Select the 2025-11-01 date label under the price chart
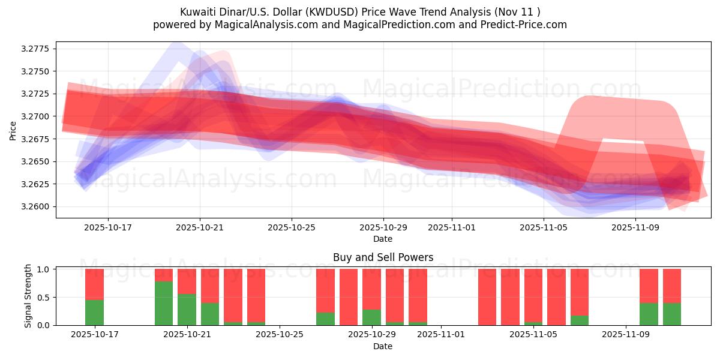coord(451,228)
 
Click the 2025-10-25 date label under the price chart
coord(292,228)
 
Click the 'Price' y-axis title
coord(13,130)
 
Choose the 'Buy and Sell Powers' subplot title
coord(383,257)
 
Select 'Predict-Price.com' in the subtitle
coord(526,25)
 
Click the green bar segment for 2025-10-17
coord(94,312)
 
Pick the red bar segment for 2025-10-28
coord(349,297)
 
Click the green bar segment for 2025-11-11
coord(672,314)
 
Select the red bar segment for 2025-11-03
coord(487,297)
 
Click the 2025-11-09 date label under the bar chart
coord(625,335)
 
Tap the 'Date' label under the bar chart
coord(383,346)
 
